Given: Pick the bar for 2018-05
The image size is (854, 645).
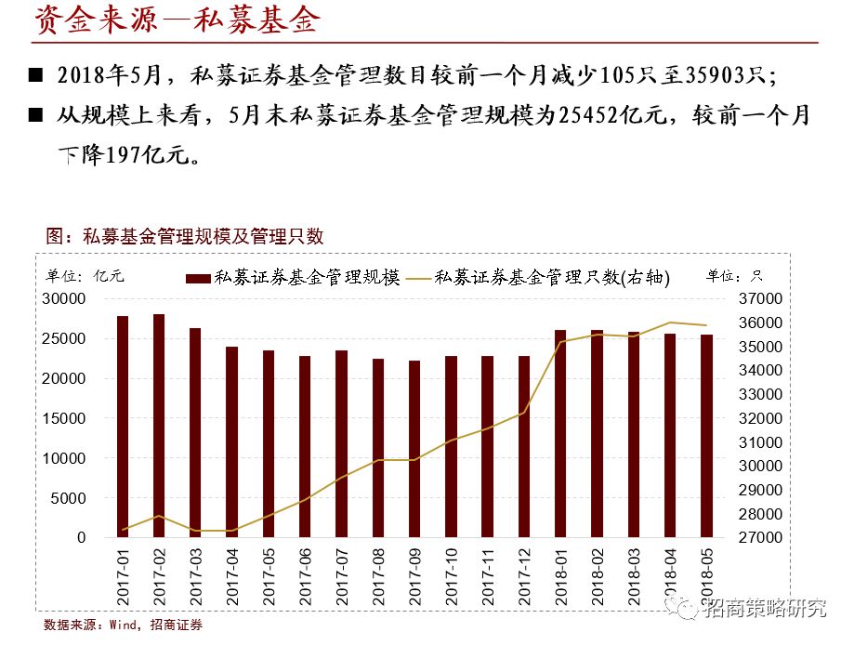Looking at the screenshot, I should tap(706, 436).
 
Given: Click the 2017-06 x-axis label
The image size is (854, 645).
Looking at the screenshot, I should tap(306, 575).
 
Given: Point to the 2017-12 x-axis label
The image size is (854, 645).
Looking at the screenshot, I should tap(524, 575).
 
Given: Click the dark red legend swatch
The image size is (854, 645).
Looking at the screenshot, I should tap(198, 278).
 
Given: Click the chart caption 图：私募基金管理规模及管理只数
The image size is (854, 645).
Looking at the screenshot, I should tap(185, 236).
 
